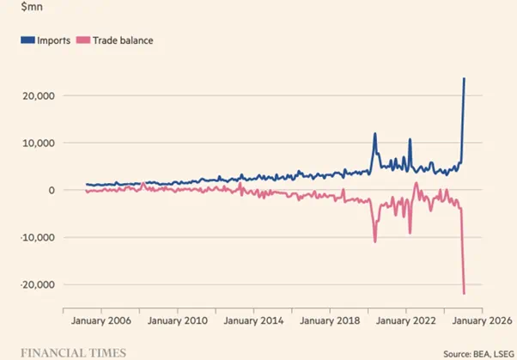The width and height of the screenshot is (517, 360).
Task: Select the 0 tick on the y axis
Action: point(50,190)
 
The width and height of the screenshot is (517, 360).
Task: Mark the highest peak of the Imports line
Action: point(465,79)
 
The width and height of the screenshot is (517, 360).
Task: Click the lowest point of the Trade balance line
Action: point(465,294)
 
